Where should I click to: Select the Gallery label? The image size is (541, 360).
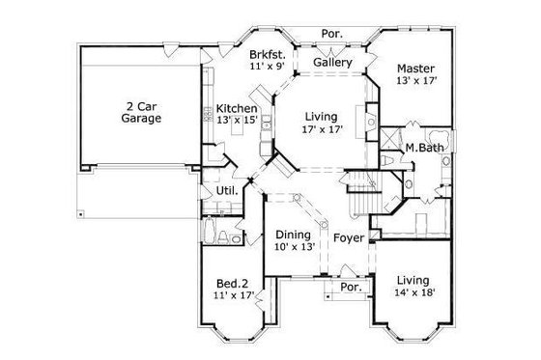pyautogui.click(x=331, y=64)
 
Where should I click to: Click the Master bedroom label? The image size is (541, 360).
pyautogui.click(x=416, y=69)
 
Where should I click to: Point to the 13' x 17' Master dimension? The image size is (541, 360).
pyautogui.click(x=416, y=81)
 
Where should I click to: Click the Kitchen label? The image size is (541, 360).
pyautogui.click(x=236, y=108)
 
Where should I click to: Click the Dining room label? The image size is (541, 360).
pyautogui.click(x=293, y=234)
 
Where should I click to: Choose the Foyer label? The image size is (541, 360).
pyautogui.click(x=348, y=236)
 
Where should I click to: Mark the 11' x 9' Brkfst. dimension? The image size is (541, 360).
pyautogui.click(x=266, y=69)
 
